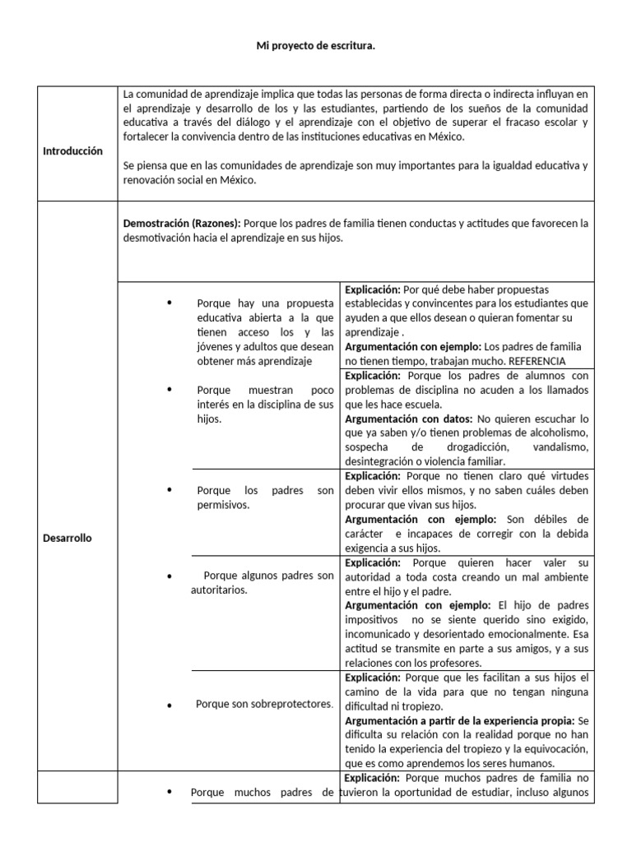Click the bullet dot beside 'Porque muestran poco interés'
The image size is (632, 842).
click(169, 388)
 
